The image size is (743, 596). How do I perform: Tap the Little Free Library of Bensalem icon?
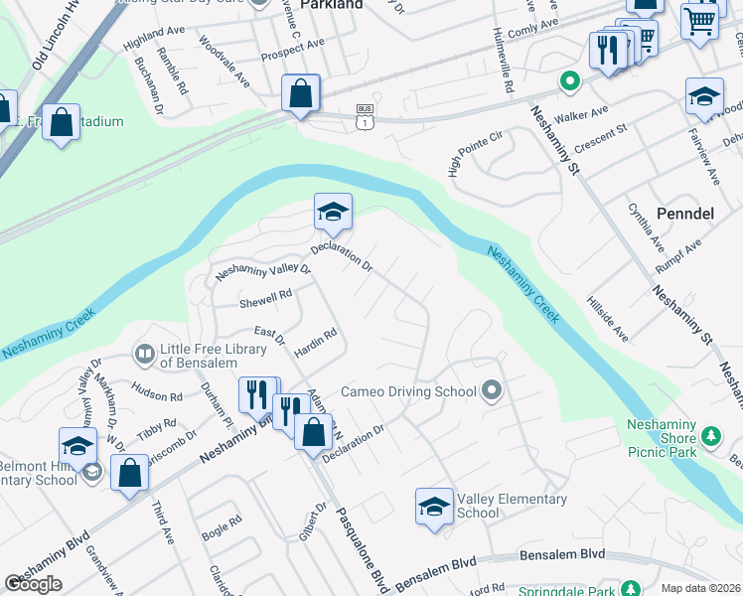[145, 354]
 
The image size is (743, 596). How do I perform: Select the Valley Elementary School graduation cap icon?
[434, 507]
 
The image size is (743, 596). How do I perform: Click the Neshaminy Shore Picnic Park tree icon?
[710, 436]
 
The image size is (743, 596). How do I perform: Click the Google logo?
[33, 584]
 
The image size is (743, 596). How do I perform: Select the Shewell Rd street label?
[265, 295]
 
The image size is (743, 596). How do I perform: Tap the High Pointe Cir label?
[469, 149]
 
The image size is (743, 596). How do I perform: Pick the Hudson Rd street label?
[156, 395]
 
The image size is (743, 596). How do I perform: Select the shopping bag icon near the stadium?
[62, 123]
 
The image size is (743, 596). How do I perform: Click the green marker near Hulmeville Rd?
[569, 82]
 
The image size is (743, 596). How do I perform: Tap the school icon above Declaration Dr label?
[334, 211]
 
